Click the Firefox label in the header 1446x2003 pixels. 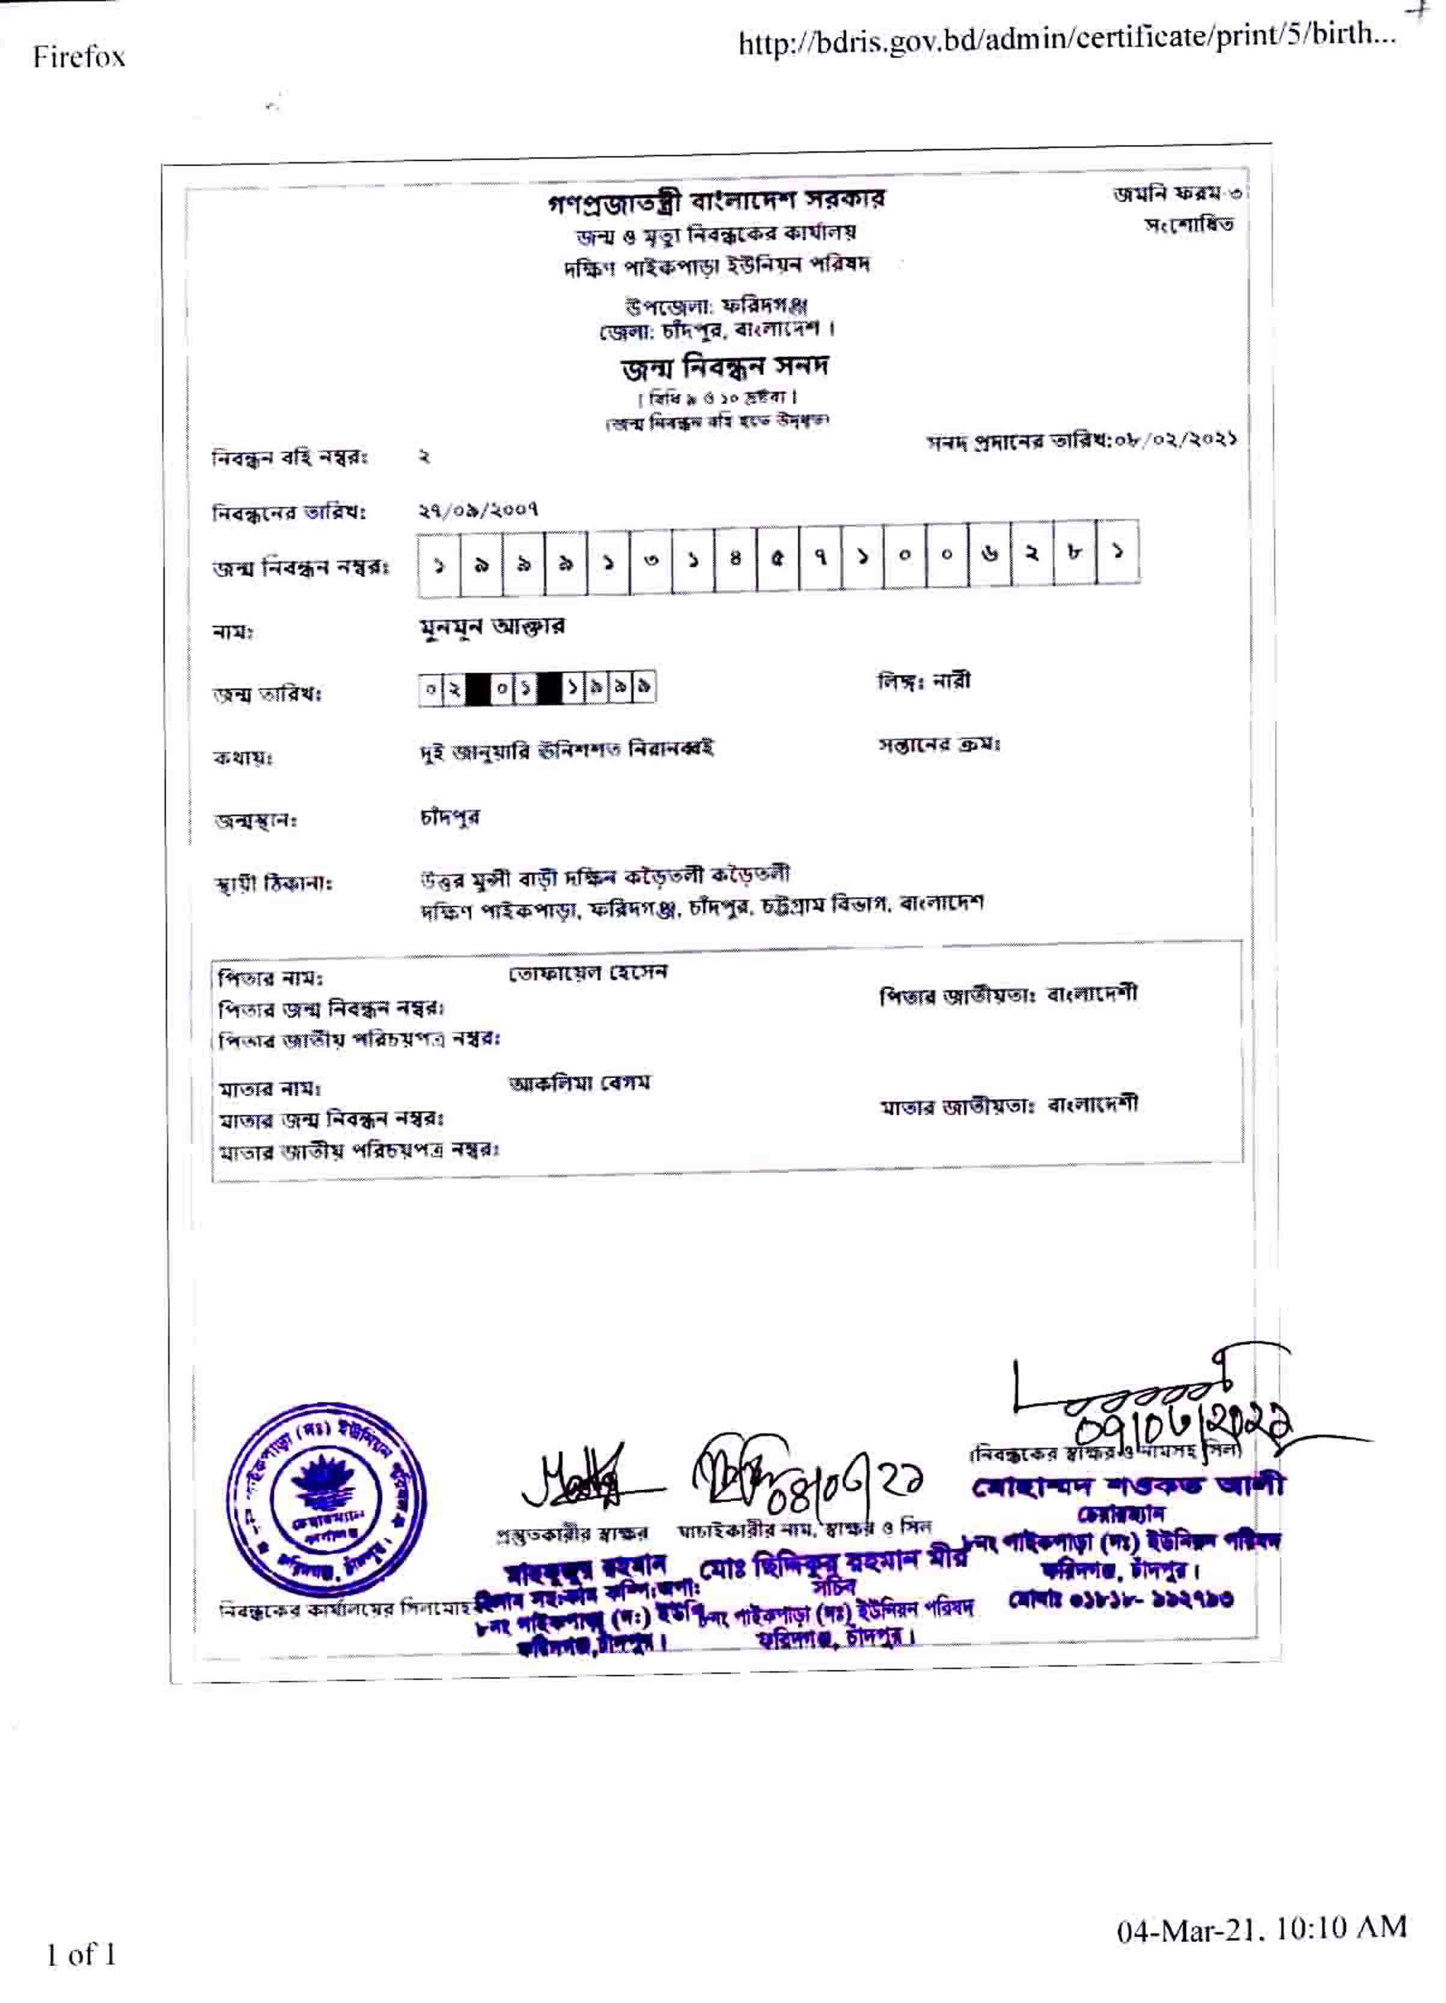(x=79, y=58)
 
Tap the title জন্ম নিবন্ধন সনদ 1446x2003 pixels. (x=724, y=366)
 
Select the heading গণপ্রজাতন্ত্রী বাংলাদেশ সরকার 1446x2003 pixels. (x=716, y=201)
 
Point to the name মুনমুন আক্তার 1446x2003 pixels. (x=493, y=627)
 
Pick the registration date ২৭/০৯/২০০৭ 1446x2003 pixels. (x=478, y=509)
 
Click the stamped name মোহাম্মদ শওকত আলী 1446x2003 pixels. (x=1128, y=1486)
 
